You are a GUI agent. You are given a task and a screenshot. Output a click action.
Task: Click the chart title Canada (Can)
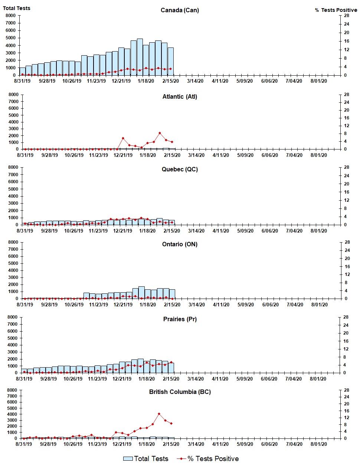coord(180,10)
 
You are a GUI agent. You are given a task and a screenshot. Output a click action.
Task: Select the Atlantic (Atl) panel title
coord(180,96)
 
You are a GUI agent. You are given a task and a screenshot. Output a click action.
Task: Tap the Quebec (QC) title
coord(180,169)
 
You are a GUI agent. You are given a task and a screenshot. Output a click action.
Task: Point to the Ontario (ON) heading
coord(180,244)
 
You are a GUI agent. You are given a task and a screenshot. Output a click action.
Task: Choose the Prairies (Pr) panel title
coord(180,319)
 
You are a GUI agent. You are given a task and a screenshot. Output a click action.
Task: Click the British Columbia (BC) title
coord(180,392)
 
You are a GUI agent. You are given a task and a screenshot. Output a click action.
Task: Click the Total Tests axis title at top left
coord(17,8)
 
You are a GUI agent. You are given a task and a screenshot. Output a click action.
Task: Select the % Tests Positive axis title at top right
coord(336,10)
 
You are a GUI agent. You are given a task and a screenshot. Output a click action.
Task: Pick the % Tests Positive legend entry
coord(208,459)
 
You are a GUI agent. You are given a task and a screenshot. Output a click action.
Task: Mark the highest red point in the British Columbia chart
coord(159,414)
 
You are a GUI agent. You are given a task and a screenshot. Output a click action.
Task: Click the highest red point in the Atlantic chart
coord(160,133)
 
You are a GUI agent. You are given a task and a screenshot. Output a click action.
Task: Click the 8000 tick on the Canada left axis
coord(10,16)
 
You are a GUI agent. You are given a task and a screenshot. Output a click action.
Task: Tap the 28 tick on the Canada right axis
coord(346,16)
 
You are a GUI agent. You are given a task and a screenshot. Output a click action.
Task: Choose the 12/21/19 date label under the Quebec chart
coord(122,231)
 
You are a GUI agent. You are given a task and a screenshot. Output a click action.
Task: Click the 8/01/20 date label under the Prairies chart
coord(318,379)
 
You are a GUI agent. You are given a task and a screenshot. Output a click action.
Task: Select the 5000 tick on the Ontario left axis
coord(13,263)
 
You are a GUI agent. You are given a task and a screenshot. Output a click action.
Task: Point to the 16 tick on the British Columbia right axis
coord(346,411)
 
